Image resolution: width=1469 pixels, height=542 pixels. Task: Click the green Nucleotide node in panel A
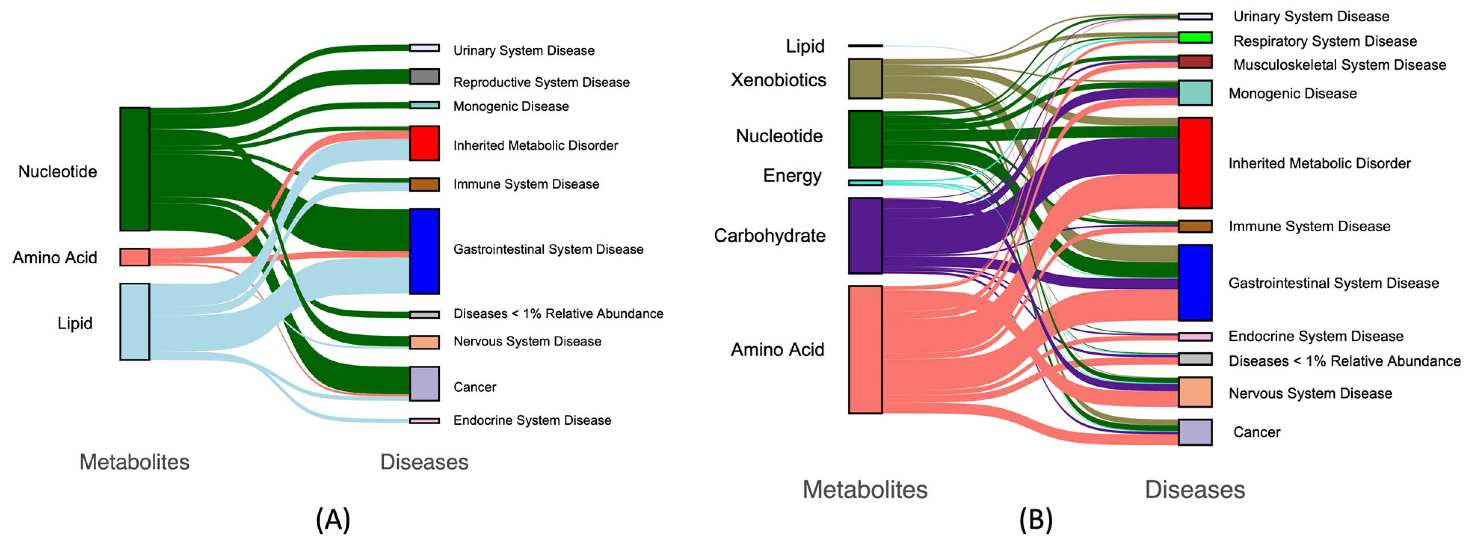pos(135,169)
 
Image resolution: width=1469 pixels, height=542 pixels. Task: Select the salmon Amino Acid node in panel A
pos(135,257)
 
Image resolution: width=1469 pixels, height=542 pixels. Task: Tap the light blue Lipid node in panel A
pos(135,322)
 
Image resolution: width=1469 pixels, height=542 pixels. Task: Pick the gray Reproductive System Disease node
pos(424,76)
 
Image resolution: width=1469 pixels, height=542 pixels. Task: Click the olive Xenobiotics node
pos(865,79)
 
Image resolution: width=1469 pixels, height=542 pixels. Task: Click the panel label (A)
pos(333,519)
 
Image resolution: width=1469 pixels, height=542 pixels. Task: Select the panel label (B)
pos(1036,519)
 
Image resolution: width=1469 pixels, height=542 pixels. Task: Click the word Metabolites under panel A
pos(134,462)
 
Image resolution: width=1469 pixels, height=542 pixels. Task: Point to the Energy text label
pos(792,176)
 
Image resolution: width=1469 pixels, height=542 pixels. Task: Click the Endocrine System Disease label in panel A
pos(532,420)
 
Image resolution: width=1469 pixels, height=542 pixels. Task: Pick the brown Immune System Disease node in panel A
pos(424,184)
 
